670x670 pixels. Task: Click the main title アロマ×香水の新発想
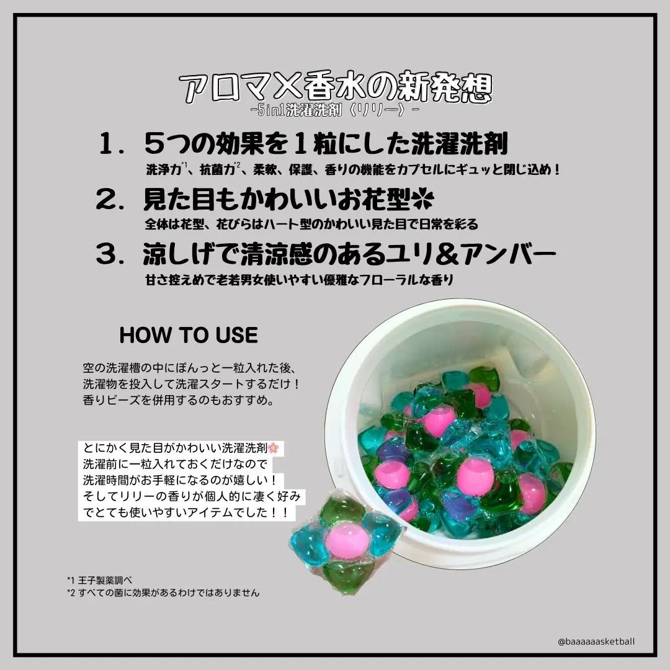(335, 89)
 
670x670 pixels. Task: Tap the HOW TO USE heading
(188, 335)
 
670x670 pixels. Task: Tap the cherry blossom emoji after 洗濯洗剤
(276, 448)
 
